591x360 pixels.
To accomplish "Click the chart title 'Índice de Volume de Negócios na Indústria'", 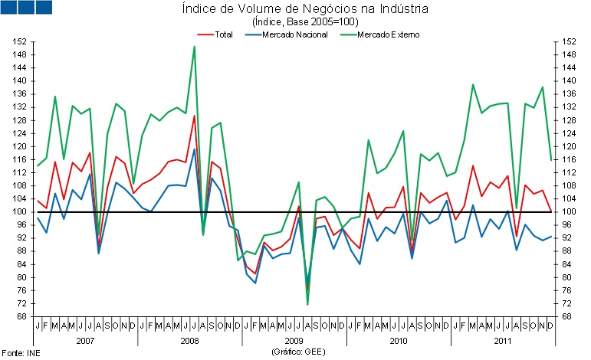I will (x=294, y=9).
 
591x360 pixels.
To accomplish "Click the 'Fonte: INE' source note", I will (x=20, y=352).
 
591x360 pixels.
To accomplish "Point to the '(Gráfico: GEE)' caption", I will (x=294, y=351).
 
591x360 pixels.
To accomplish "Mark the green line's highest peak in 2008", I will (x=194, y=47).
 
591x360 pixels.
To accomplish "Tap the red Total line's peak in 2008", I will (x=194, y=116).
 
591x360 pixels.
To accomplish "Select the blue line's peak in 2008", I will (x=194, y=149).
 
